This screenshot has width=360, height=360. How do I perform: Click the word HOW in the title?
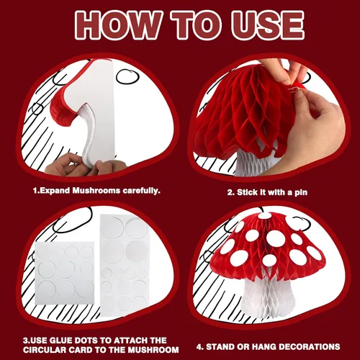point(117,24)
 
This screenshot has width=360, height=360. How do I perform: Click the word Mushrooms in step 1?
point(96,191)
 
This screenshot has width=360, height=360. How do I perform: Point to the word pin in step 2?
point(301,193)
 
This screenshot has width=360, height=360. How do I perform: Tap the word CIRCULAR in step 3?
point(45,350)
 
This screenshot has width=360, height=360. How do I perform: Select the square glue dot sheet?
point(65,273)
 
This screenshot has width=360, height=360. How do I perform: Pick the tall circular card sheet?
point(125,265)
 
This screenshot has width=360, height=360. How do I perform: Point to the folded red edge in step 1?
point(63,109)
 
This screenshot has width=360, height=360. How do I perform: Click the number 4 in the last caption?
point(199,347)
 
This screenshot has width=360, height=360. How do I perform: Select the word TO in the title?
point(197,24)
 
